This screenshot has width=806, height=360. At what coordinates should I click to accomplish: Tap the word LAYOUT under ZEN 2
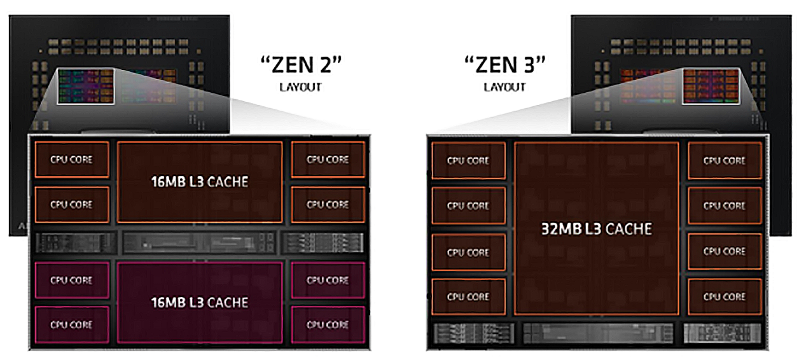pyautogui.click(x=300, y=87)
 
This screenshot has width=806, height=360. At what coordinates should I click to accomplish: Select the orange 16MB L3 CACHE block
pyautogui.click(x=200, y=182)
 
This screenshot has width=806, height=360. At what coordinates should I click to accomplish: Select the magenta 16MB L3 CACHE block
pyautogui.click(x=200, y=302)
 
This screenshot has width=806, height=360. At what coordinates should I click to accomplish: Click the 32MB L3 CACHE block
pyautogui.click(x=597, y=228)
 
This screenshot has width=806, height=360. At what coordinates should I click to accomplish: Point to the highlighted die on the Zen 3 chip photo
pyautogui.click(x=711, y=87)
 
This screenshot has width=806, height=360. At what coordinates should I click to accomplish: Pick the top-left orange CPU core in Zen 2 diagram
pyautogui.click(x=71, y=160)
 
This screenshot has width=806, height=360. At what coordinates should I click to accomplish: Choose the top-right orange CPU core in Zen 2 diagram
pyautogui.click(x=328, y=160)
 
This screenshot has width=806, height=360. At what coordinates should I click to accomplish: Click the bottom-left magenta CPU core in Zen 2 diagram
pyautogui.click(x=71, y=325)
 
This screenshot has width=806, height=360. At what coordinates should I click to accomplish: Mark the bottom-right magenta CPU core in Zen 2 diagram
pyautogui.click(x=328, y=325)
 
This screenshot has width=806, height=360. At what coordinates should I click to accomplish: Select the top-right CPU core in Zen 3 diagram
pyautogui.click(x=725, y=160)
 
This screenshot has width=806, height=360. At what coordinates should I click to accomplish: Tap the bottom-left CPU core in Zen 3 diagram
pyautogui.click(x=468, y=296)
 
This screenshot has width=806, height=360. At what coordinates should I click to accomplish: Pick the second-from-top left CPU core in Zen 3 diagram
pyautogui.click(x=468, y=206)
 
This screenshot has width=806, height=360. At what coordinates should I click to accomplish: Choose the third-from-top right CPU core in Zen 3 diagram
pyautogui.click(x=725, y=251)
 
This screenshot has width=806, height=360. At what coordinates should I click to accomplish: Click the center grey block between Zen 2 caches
pyautogui.click(x=200, y=242)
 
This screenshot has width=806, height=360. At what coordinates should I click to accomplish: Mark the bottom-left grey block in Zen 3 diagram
pyautogui.click(x=468, y=334)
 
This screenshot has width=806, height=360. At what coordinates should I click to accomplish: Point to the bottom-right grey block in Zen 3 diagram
pyautogui.click(x=723, y=334)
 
